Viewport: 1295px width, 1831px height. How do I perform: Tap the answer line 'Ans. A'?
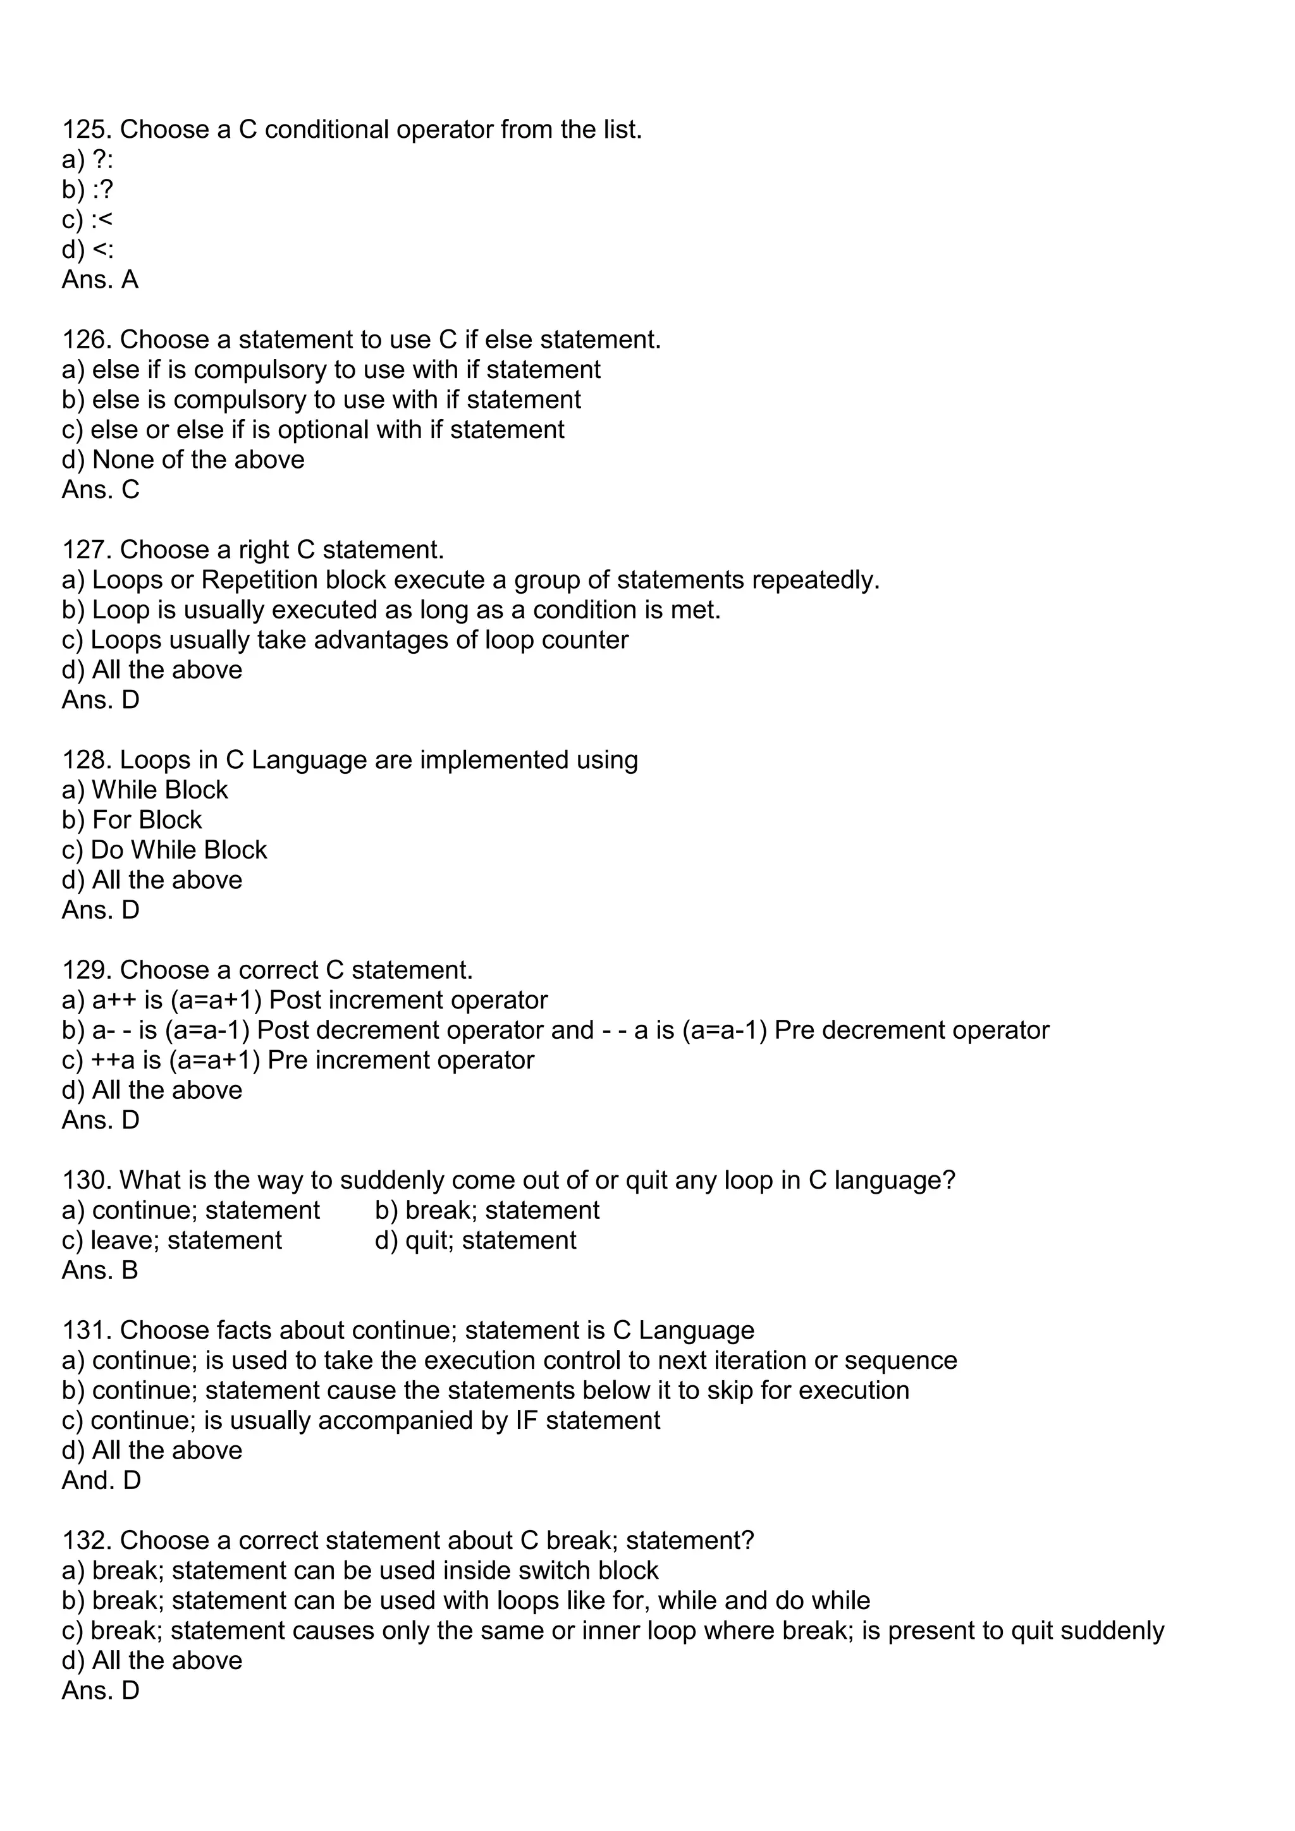pyautogui.click(x=100, y=280)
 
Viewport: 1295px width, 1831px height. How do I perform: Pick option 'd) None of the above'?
pyautogui.click(x=183, y=460)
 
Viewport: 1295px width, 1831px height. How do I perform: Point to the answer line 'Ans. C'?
pyautogui.click(x=101, y=489)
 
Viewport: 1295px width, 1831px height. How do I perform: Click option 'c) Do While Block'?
pyautogui.click(x=164, y=850)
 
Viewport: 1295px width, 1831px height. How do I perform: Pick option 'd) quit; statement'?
pyautogui.click(x=476, y=1241)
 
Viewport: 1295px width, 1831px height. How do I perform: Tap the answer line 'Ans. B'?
pyautogui.click(x=100, y=1270)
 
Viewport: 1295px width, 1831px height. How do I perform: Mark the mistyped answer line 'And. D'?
pyautogui.click(x=101, y=1481)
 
